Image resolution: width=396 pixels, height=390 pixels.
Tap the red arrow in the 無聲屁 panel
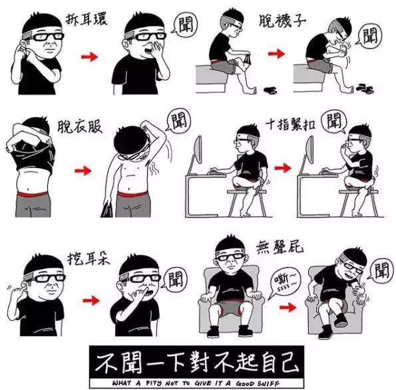[x=288, y=308]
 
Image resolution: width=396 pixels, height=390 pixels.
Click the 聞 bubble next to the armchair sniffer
[x=381, y=270]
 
